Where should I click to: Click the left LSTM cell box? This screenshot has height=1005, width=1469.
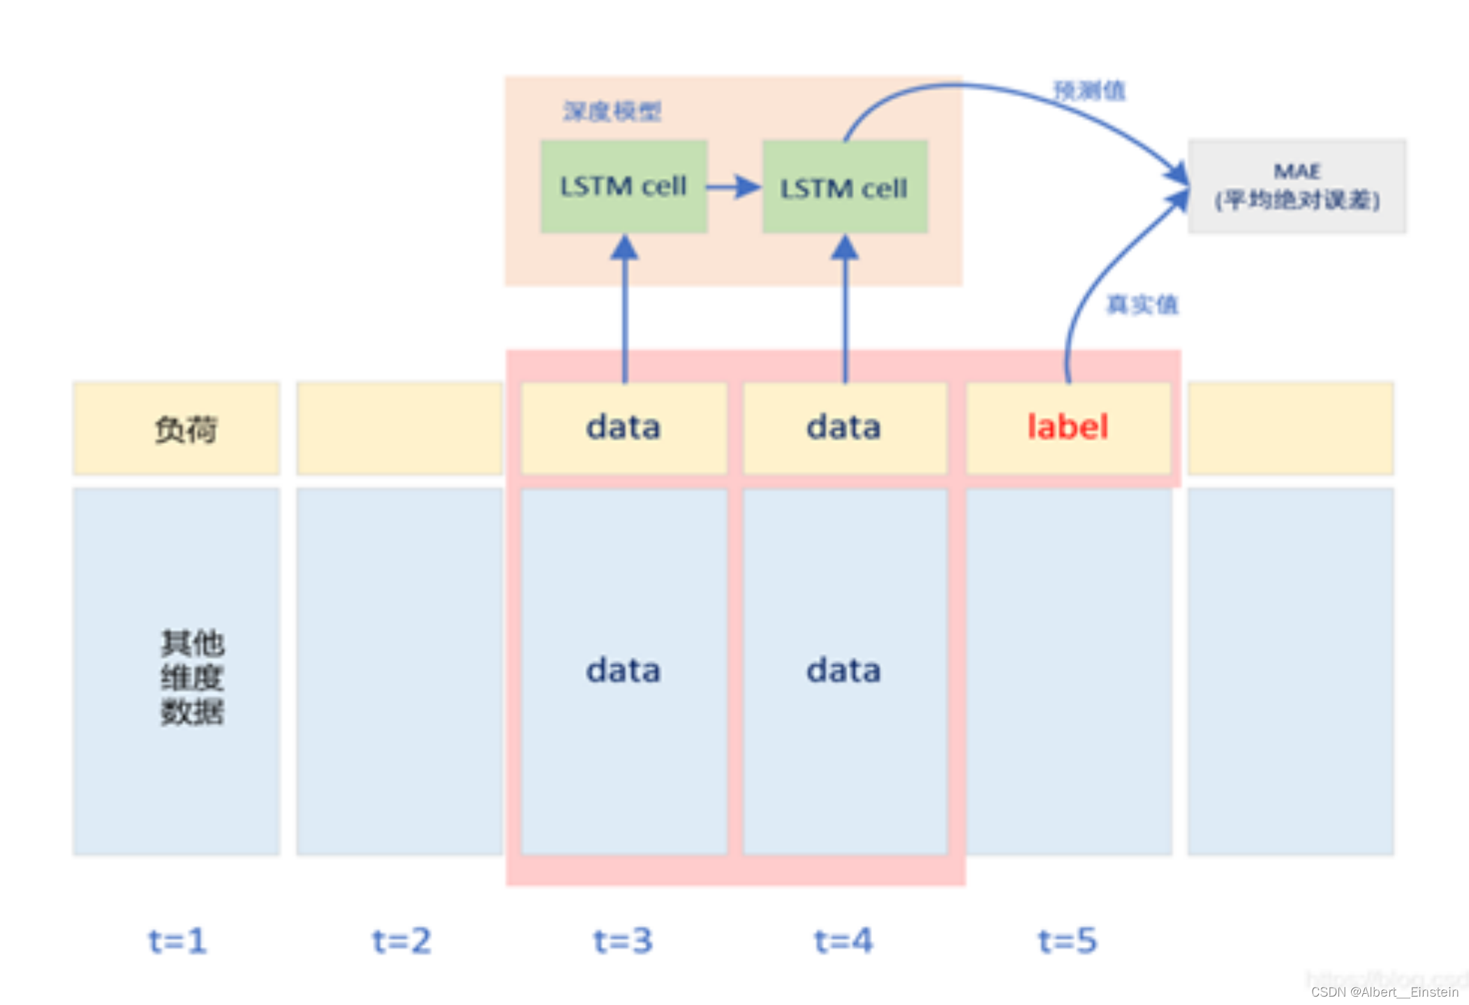coord(623,186)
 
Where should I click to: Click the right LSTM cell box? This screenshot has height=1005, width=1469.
coord(844,187)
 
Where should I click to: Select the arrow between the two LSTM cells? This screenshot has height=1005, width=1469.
coord(733,187)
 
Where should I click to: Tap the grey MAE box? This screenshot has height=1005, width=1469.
coord(1297,186)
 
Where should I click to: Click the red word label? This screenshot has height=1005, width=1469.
coord(1068,427)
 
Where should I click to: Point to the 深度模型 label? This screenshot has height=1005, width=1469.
coord(612,112)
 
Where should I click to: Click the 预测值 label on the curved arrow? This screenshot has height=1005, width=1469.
coord(1089,91)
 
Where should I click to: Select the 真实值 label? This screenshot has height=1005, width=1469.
coord(1142,304)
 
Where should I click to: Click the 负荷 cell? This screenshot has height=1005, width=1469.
coord(185,429)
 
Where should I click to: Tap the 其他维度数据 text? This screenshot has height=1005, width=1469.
coord(192,677)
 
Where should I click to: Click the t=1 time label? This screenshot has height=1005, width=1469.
coord(177,941)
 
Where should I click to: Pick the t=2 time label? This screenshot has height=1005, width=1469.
coord(401,941)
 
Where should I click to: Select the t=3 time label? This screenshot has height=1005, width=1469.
coord(623,941)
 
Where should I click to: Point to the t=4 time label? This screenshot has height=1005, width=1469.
coord(843,941)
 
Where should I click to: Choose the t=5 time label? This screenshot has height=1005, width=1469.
coord(1068,941)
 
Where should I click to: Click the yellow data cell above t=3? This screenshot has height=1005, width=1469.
coord(623,427)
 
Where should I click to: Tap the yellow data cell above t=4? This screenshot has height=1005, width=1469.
coord(843,427)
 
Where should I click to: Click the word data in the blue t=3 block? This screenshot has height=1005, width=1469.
coord(623,671)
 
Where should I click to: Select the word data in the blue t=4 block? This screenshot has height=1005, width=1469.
coord(843,671)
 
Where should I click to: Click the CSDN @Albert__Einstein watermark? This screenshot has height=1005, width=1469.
coord(1385,992)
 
